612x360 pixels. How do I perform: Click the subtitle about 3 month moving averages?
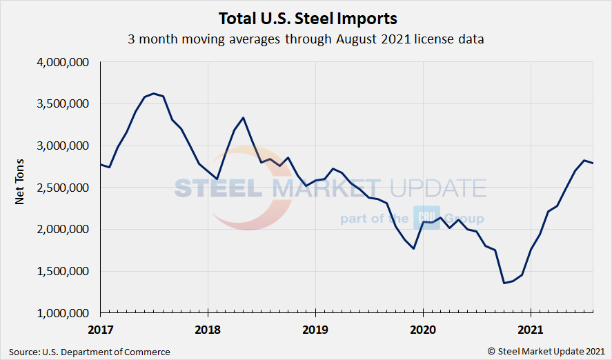306,39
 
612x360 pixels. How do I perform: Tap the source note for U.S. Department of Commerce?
90,352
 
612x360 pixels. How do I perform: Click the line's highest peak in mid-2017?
154,93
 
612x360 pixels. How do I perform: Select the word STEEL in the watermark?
215,188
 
